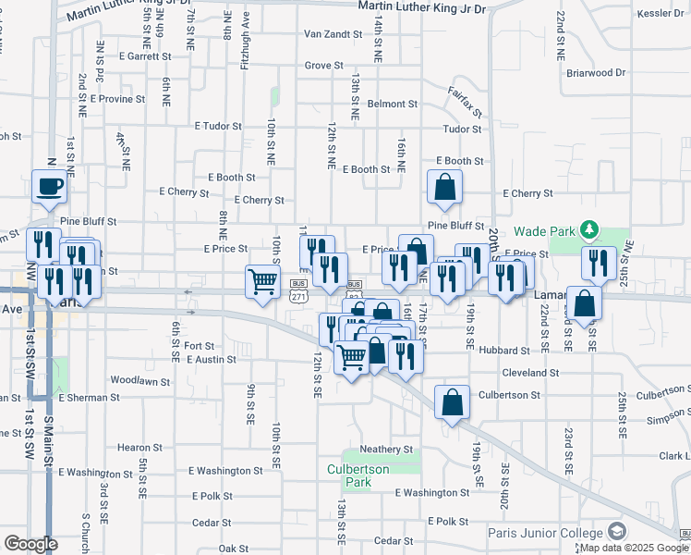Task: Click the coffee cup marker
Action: pyautogui.click(x=50, y=186)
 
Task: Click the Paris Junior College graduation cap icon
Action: pyautogui.click(x=616, y=531)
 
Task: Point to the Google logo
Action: pyautogui.click(x=30, y=544)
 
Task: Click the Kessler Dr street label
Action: pyautogui.click(x=659, y=13)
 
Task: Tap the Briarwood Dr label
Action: pyautogui.click(x=596, y=72)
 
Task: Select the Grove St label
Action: pyautogui.click(x=324, y=66)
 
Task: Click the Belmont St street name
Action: pyautogui.click(x=393, y=105)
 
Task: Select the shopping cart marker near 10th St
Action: pyautogui.click(x=263, y=281)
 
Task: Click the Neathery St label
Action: pyautogui.click(x=386, y=449)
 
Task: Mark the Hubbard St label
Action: pyautogui.click(x=504, y=351)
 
